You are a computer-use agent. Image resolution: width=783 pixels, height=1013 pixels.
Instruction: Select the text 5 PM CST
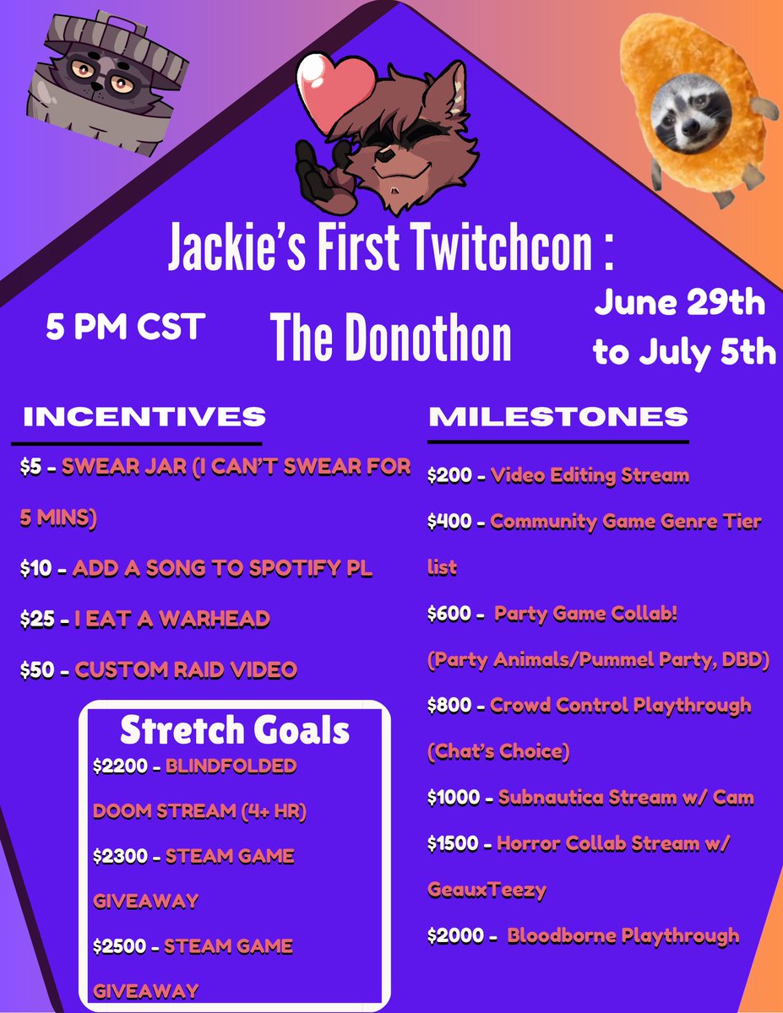pyautogui.click(x=125, y=327)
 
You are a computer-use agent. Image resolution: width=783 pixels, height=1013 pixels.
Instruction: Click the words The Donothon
pyautogui.click(x=391, y=339)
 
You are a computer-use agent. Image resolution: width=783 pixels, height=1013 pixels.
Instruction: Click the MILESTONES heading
pyautogui.click(x=558, y=417)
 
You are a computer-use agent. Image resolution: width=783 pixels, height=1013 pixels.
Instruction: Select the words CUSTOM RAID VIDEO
pyautogui.click(x=187, y=670)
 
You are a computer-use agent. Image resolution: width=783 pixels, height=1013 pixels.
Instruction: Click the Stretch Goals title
pyautogui.click(x=235, y=730)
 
